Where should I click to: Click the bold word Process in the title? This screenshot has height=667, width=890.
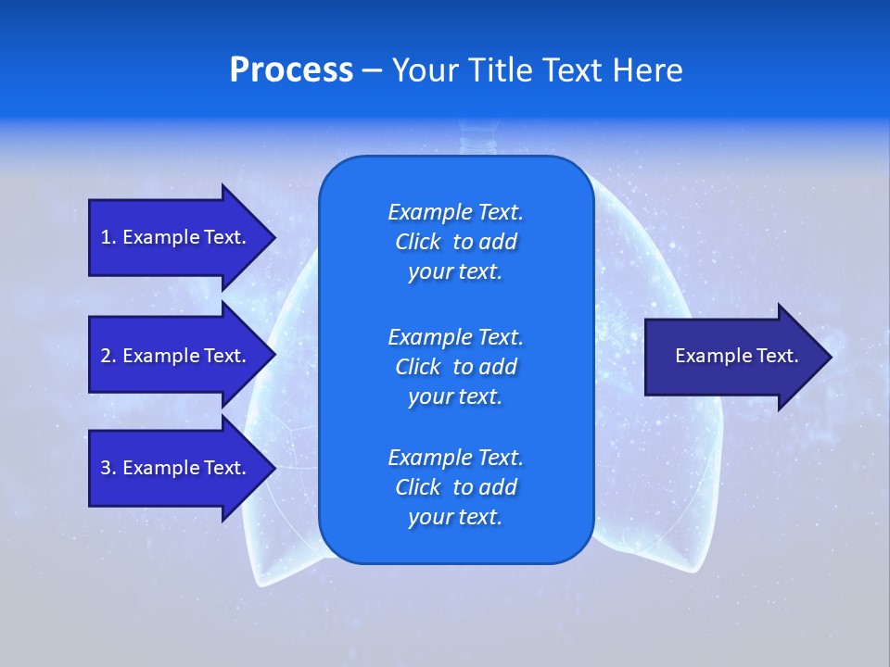(x=291, y=70)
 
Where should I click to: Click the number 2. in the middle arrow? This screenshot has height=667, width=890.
(x=108, y=356)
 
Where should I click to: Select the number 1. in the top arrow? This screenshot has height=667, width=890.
(x=108, y=237)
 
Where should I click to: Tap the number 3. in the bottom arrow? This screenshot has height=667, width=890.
(x=108, y=468)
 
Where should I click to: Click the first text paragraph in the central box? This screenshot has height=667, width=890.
(x=455, y=242)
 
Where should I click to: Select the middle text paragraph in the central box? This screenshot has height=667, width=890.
(x=455, y=366)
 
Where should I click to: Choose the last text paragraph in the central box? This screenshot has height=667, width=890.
(x=455, y=487)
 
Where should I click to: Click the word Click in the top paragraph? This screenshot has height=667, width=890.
(x=418, y=242)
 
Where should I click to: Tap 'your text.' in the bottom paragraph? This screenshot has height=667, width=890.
(x=455, y=517)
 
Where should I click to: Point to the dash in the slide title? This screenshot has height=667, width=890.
(x=372, y=71)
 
